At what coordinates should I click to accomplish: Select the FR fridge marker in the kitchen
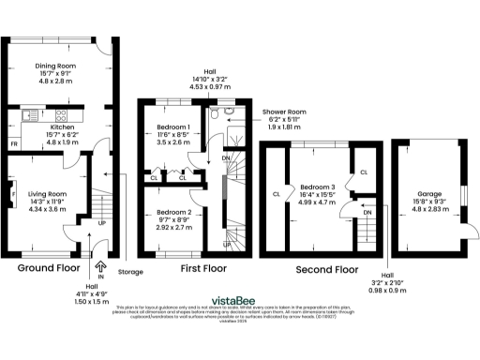[x=13, y=145]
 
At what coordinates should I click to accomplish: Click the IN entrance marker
[x=100, y=253]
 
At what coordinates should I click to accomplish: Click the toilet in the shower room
[x=215, y=118]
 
